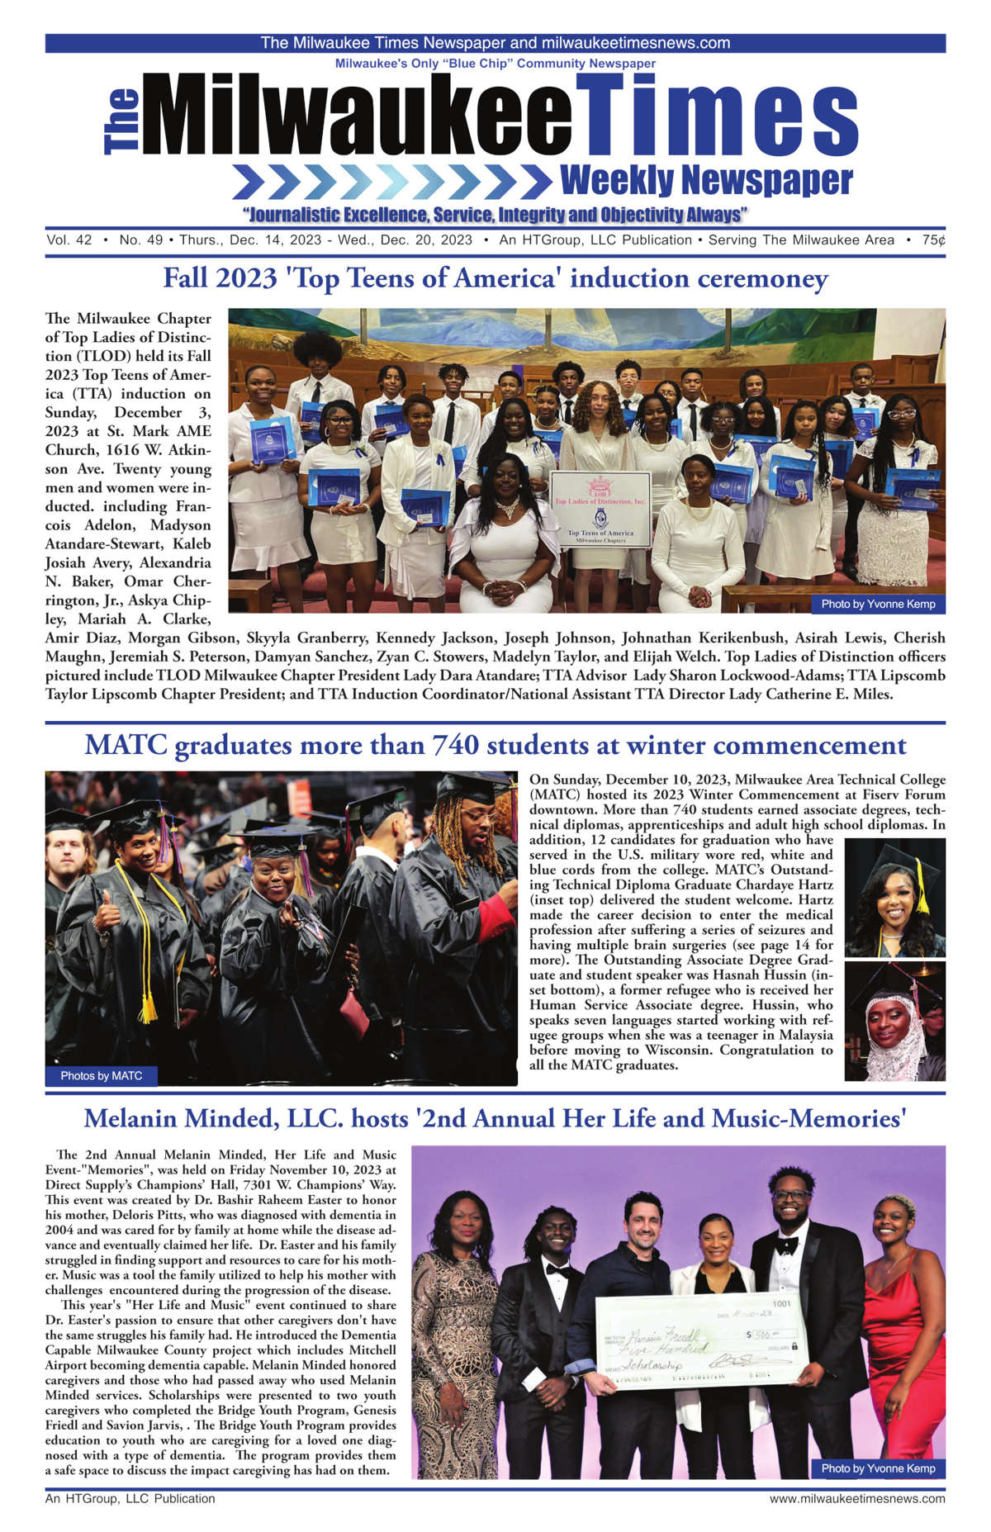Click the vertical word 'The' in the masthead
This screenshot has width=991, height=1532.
(x=121, y=122)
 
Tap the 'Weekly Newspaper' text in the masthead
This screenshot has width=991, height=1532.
(x=706, y=180)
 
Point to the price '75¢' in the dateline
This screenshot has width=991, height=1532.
(x=933, y=240)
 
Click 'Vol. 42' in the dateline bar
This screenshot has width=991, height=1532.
(x=69, y=240)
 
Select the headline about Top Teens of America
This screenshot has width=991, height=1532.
(x=495, y=278)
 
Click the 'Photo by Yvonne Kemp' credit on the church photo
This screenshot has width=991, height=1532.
(x=878, y=604)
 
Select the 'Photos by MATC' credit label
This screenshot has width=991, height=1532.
(x=101, y=1075)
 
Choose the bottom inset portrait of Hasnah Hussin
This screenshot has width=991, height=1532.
(x=894, y=1021)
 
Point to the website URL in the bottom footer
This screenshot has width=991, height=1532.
(x=857, y=1498)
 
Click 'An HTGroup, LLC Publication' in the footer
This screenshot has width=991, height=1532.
(x=130, y=1498)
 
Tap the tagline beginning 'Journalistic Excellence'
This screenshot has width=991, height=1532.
(x=495, y=216)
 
